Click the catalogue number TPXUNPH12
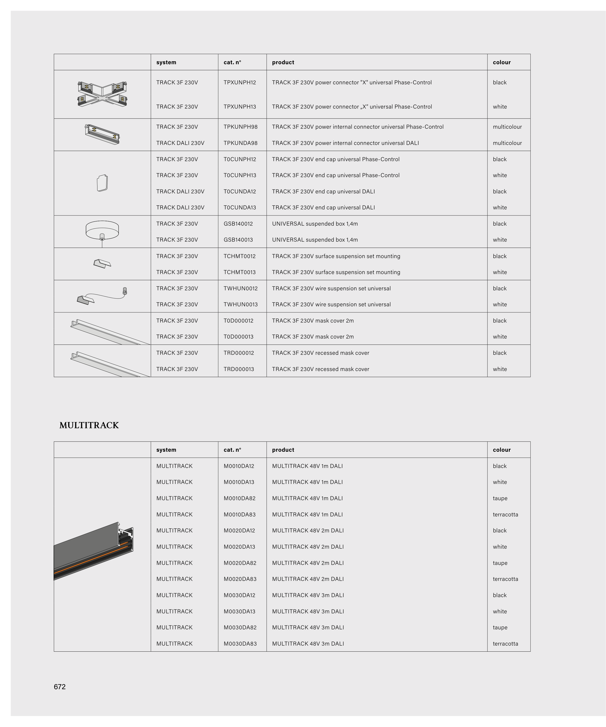[x=240, y=82]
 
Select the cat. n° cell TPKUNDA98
[x=240, y=143]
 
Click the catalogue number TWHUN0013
[x=240, y=304]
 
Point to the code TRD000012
[x=239, y=353]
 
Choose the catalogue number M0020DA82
[x=240, y=563]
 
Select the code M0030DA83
[x=240, y=644]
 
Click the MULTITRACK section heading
[x=89, y=425]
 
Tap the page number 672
[x=60, y=687]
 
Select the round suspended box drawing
[x=102, y=230]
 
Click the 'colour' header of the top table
[x=502, y=62]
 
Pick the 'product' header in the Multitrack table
[x=283, y=450]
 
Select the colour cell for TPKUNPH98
[x=507, y=127]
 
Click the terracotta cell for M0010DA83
[x=505, y=514]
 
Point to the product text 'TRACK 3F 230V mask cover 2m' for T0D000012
[x=313, y=321]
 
